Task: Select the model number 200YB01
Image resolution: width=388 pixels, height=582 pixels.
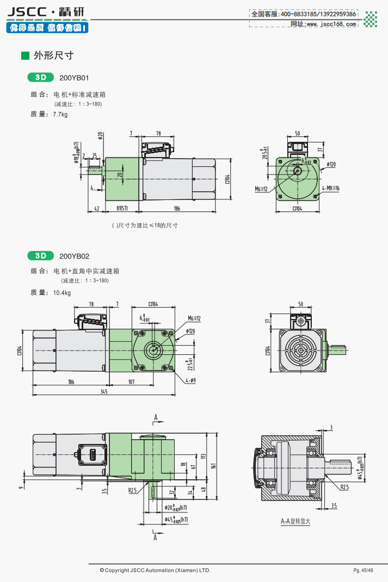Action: [x=73, y=78]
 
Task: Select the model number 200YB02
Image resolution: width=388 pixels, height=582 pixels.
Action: [x=74, y=256]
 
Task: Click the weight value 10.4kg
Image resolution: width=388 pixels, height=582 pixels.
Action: [x=62, y=293]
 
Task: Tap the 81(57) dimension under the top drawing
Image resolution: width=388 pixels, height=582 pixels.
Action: [x=122, y=208]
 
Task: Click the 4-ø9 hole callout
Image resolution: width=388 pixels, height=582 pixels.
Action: [x=190, y=380]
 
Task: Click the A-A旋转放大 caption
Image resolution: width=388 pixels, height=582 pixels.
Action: [x=295, y=522]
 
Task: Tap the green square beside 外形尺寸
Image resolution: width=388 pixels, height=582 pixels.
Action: [x=24, y=55]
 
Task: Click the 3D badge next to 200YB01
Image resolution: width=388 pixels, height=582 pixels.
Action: [x=41, y=78]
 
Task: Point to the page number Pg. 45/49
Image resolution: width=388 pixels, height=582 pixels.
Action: [x=363, y=570]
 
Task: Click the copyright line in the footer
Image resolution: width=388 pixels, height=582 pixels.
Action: [x=155, y=570]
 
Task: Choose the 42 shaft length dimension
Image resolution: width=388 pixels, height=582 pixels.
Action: [x=96, y=208]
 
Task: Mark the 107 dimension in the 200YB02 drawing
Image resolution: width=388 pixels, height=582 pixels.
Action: [x=131, y=381]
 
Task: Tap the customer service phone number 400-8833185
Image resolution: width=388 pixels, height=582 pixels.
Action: [x=299, y=14]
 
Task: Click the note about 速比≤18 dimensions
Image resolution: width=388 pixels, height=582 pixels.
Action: [x=145, y=225]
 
